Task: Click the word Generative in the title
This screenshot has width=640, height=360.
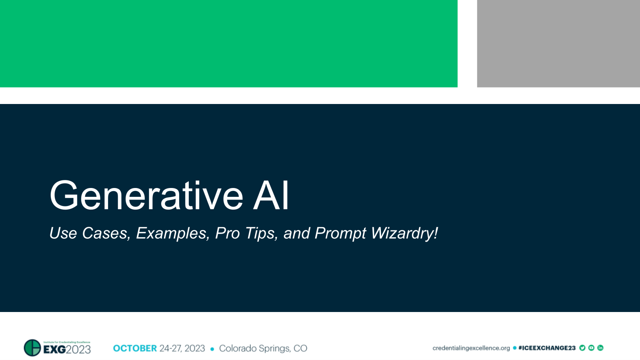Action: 146,196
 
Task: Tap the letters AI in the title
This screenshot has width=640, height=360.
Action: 271,196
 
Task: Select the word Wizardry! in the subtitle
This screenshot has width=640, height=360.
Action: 404,233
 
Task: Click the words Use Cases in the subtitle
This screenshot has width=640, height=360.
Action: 89,233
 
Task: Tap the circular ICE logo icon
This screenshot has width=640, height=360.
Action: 32,348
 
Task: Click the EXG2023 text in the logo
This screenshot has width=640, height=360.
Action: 67,350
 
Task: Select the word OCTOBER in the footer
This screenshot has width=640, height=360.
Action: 135,348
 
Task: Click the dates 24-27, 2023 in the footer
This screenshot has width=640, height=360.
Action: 182,348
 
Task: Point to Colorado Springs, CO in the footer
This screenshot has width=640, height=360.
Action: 263,348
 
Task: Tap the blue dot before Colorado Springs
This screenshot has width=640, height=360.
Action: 212,349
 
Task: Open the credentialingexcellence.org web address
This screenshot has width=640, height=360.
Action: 471,348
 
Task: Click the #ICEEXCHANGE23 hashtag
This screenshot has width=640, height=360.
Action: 546,348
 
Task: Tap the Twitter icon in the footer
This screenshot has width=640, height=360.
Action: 582,348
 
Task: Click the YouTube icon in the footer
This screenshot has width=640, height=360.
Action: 591,348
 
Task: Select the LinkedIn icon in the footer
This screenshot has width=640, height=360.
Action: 600,348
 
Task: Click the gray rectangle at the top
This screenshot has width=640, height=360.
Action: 558,43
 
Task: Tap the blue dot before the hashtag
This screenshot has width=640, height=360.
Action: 514,348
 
